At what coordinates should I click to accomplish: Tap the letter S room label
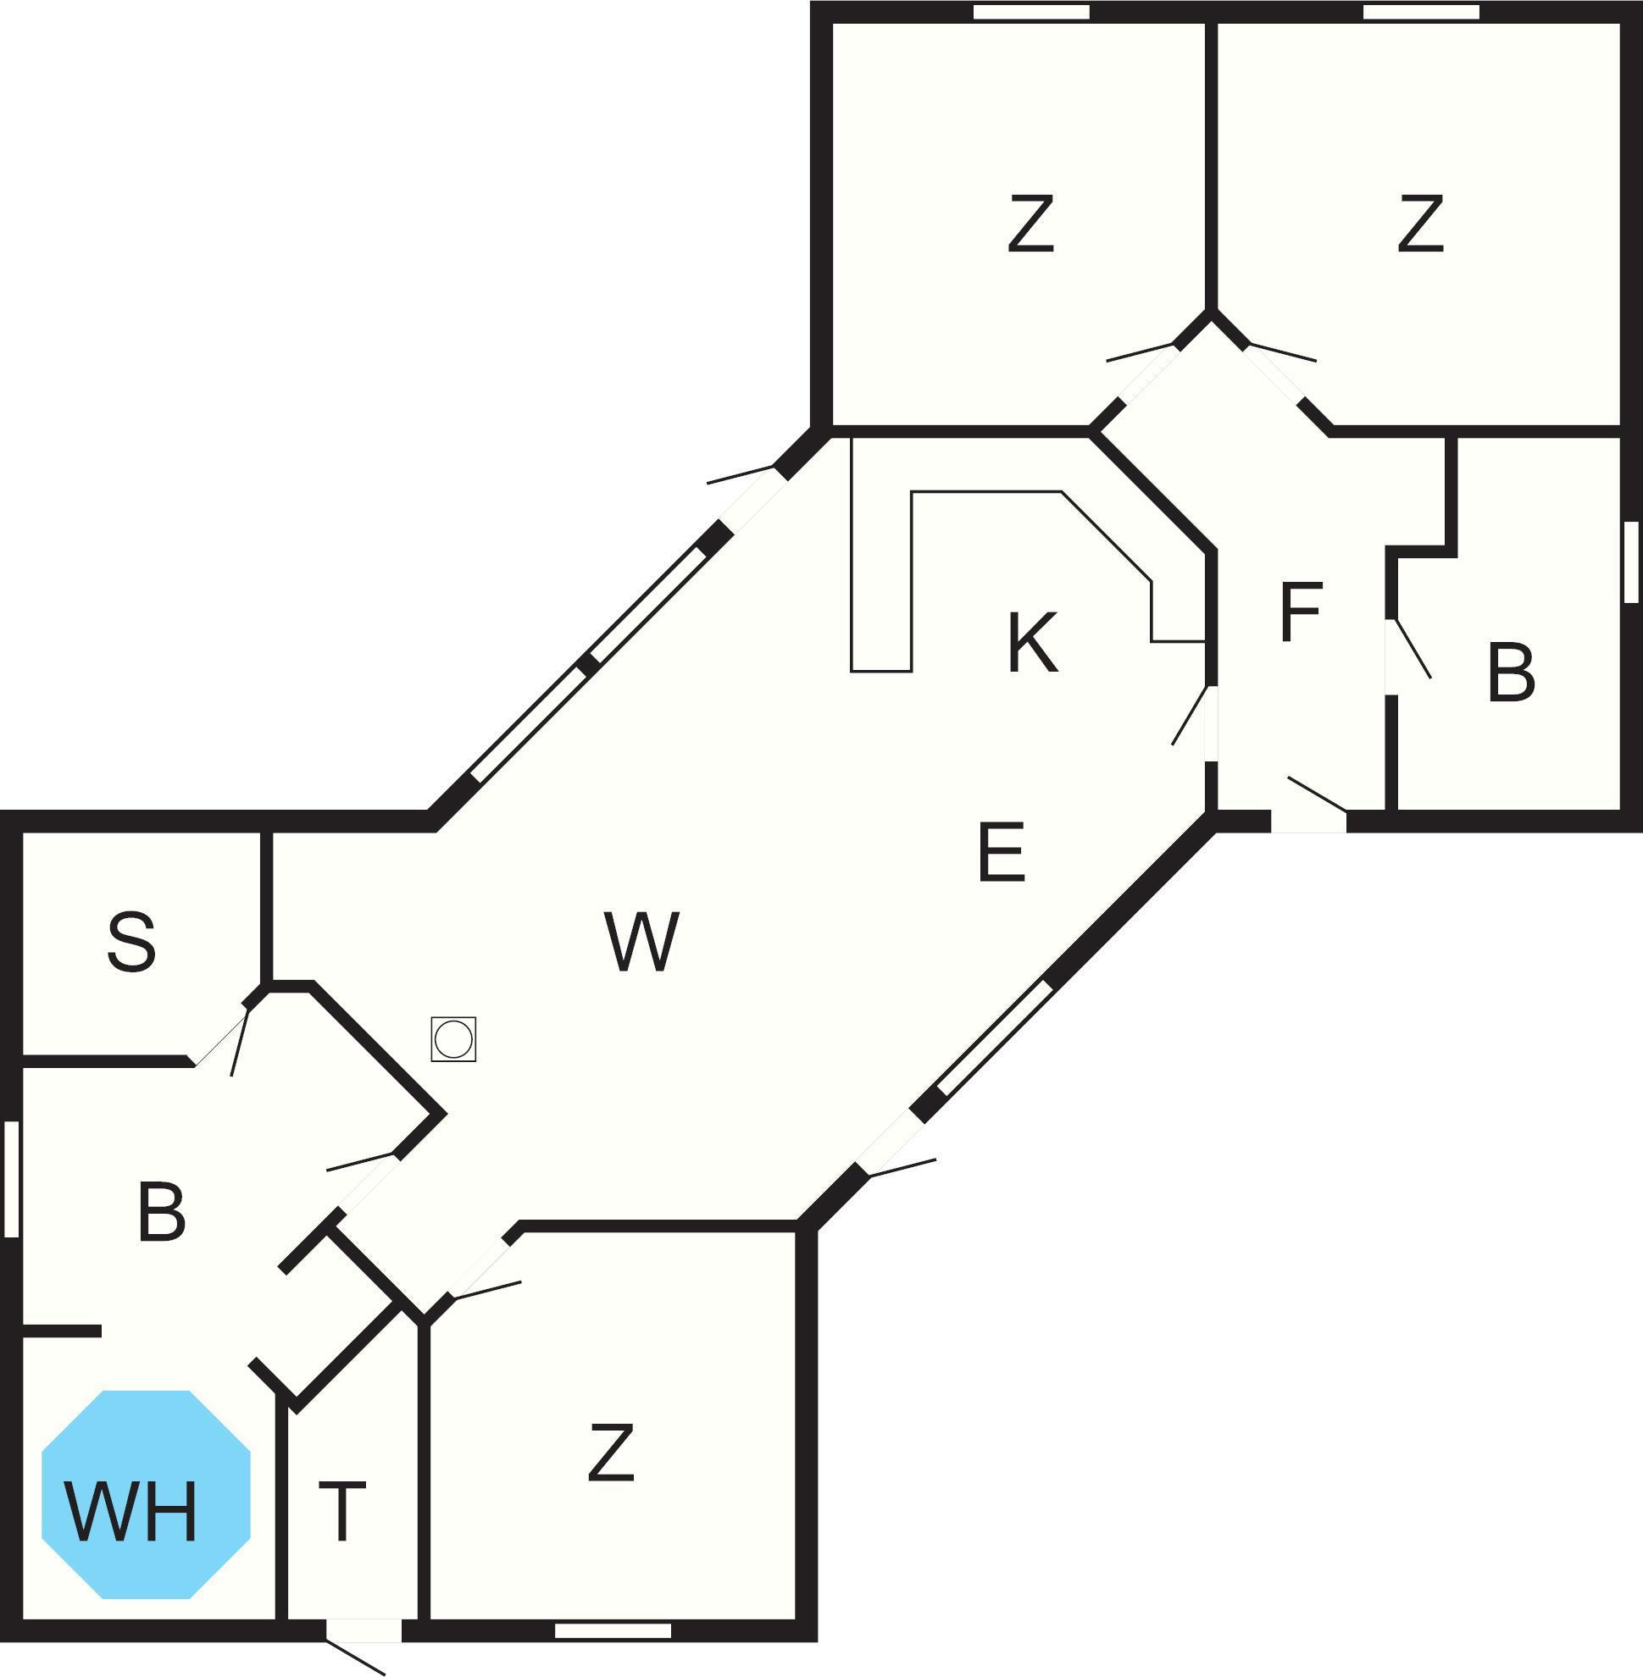[x=132, y=942]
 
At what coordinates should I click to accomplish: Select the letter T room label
[x=342, y=1510]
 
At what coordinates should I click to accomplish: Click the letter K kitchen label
[x=1032, y=643]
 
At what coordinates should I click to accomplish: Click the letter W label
[x=642, y=941]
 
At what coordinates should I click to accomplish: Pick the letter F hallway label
[x=1302, y=612]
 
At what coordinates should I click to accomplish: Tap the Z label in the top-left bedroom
[x=1031, y=224]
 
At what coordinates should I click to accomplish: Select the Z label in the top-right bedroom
[x=1420, y=224]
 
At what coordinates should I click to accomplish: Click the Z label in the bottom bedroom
[x=611, y=1453]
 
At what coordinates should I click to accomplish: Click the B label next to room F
[x=1511, y=673]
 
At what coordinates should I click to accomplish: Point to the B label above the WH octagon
[x=161, y=1213]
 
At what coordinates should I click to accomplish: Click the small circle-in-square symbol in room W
[x=453, y=1038]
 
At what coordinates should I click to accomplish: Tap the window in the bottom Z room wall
[x=613, y=1630]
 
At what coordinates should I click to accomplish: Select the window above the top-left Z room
[x=1031, y=11]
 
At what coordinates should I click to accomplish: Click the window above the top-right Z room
[x=1421, y=11]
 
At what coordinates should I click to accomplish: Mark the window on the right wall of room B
[x=1631, y=562]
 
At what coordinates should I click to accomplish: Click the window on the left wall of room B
[x=11, y=1178]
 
